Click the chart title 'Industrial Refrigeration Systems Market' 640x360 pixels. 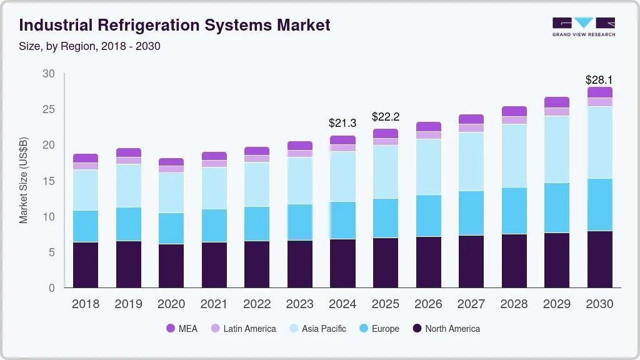point(175,26)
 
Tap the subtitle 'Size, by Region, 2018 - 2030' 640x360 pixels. point(90,47)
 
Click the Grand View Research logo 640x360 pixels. point(583,26)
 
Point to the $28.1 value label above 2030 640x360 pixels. point(599,80)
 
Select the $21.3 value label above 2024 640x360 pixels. point(342,123)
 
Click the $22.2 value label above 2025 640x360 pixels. point(385,117)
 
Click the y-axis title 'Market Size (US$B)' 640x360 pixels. point(24,181)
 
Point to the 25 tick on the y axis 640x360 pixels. point(49,110)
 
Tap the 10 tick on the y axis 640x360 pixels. point(49,217)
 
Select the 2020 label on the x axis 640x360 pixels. point(171,304)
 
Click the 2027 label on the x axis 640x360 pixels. point(471,304)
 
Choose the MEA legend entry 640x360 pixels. point(182,328)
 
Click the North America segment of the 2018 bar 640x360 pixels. point(86,265)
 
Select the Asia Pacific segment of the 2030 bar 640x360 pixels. point(599,142)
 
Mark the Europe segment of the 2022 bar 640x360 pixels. point(257,224)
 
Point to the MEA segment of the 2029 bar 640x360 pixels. point(556,102)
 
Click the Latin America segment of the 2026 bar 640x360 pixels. point(428,135)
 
